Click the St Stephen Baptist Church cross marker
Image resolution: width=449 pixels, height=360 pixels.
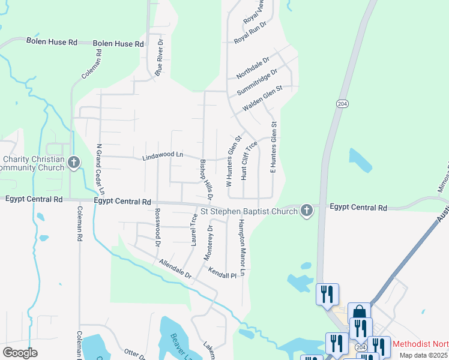[306, 211]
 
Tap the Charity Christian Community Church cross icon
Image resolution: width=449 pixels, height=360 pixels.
[73, 162]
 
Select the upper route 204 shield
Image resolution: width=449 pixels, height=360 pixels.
[342, 104]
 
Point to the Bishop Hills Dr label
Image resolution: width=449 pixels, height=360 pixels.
[206, 179]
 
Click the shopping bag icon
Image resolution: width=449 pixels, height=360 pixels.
[359, 313]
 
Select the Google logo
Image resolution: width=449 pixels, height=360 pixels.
[20, 353]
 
